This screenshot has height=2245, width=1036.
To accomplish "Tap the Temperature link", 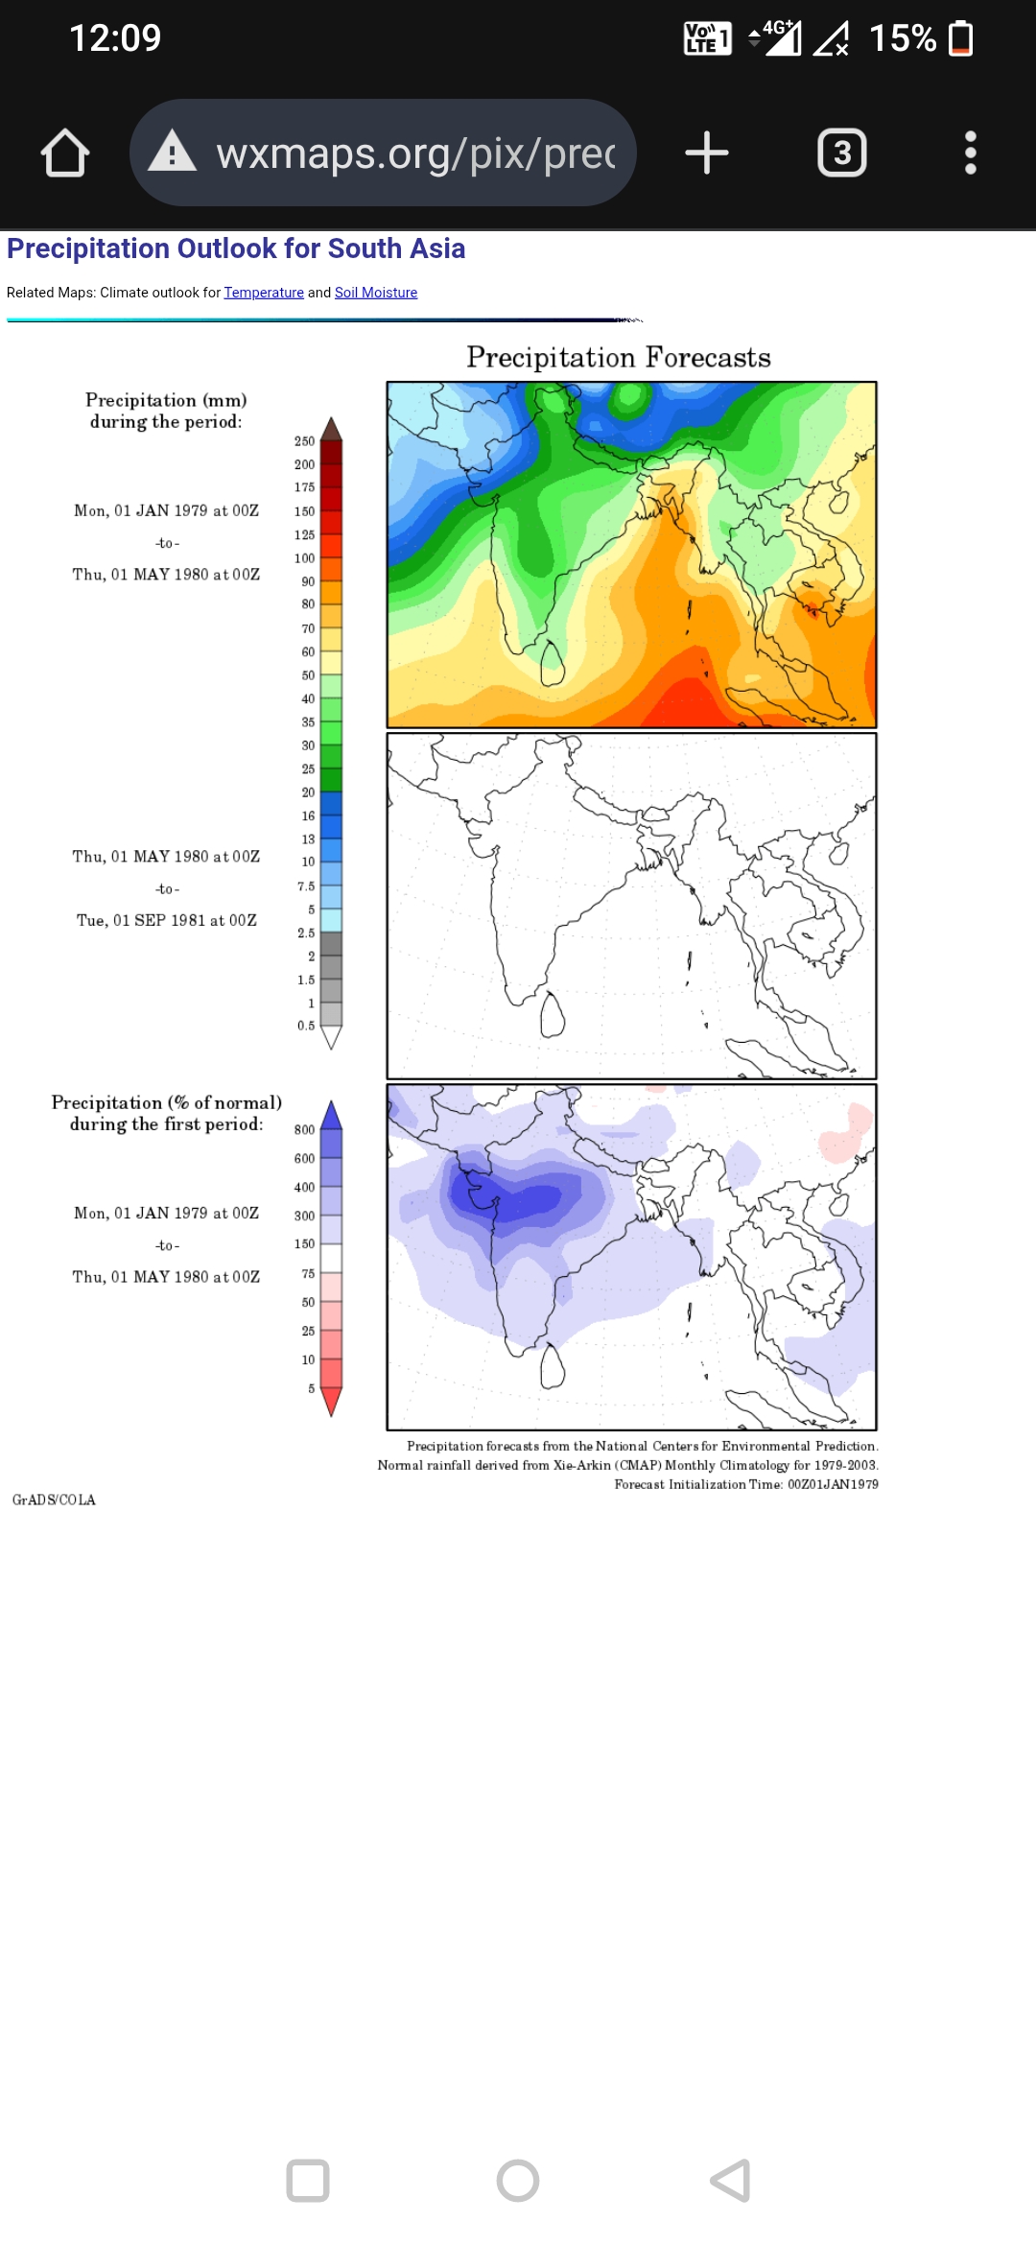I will [x=264, y=293].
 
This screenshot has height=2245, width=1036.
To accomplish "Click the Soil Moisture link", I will [x=376, y=293].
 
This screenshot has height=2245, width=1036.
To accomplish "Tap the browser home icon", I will [x=65, y=154].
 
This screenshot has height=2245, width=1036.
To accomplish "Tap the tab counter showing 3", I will [x=841, y=154].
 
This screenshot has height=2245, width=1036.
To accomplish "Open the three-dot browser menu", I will [x=970, y=154].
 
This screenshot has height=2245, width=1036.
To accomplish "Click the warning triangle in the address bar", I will [x=172, y=152].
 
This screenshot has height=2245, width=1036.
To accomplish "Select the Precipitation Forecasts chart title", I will [x=619, y=358].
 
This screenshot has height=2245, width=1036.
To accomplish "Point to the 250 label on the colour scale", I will [x=304, y=441].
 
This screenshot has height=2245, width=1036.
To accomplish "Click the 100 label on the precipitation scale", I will [x=304, y=558].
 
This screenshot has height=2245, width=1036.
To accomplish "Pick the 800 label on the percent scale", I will [x=304, y=1130].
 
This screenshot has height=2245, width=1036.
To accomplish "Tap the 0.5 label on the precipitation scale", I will [x=306, y=1026].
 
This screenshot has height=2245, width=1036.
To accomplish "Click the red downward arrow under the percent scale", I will [x=331, y=1402].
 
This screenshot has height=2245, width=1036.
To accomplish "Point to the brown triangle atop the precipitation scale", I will [x=331, y=429].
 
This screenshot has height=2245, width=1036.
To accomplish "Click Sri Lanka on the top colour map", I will [x=553, y=664].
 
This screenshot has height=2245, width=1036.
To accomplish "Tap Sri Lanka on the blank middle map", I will [x=553, y=1016].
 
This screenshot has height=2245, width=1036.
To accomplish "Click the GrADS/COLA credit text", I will [x=54, y=1501].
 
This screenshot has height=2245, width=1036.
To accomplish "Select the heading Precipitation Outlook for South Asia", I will [x=236, y=249].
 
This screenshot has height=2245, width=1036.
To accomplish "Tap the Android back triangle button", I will [x=731, y=2180].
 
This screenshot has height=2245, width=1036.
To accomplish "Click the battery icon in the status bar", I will [x=960, y=38].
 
